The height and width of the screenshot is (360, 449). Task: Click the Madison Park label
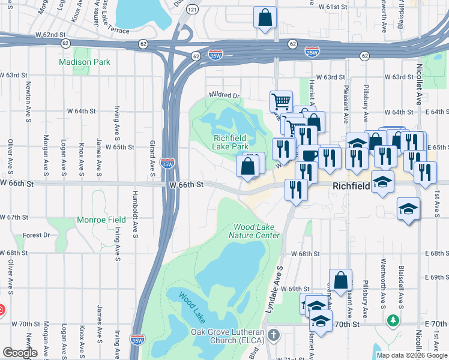point(85,62)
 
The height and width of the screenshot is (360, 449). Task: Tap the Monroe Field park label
point(92,220)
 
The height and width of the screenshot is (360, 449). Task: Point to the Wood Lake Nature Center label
point(256,231)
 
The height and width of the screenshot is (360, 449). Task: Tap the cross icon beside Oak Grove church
point(274,334)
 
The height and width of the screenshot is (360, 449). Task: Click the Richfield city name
point(351,187)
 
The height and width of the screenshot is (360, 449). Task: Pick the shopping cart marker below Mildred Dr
point(280,101)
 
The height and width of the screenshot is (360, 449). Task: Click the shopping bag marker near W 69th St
point(340,280)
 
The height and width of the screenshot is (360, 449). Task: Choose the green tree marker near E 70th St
point(393,320)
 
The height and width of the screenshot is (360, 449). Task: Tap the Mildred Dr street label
point(224,95)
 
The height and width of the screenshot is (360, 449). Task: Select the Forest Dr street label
point(36,235)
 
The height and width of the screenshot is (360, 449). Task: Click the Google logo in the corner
point(20,353)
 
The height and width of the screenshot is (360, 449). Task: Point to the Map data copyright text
point(412,355)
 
